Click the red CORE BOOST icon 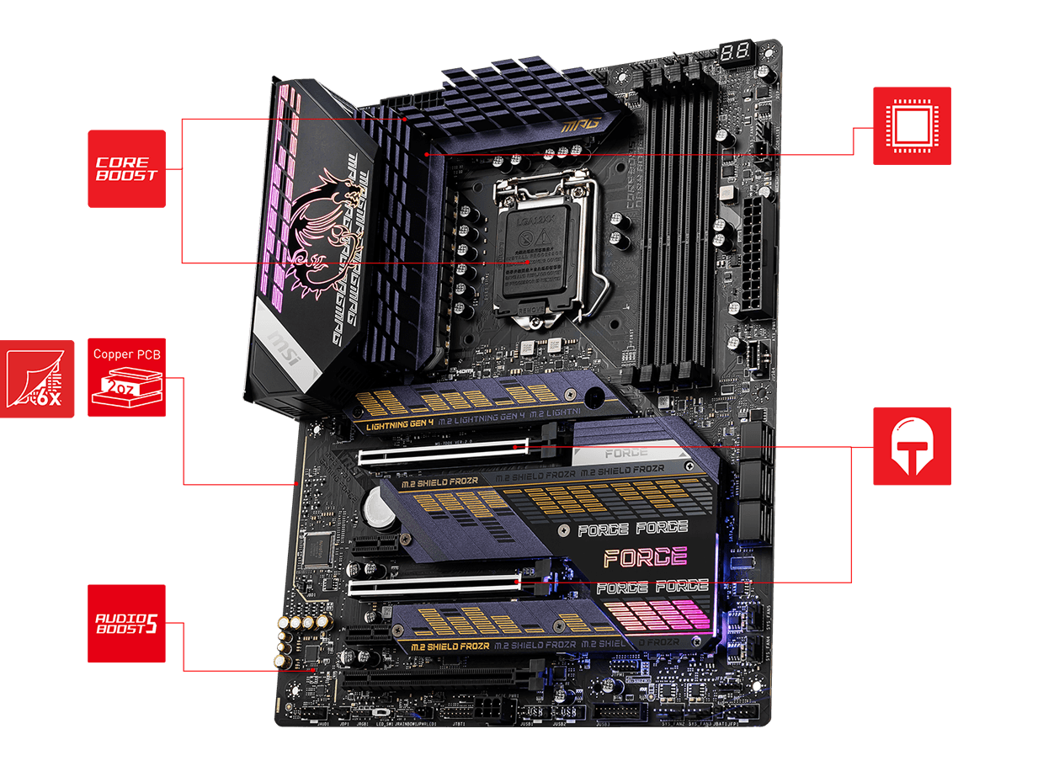tap(126, 168)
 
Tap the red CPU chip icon tap(912, 125)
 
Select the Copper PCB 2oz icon tap(126, 377)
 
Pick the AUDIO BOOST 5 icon tap(126, 623)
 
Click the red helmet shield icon tap(912, 446)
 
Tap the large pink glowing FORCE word tap(645, 556)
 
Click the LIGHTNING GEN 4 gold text tap(401, 425)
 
